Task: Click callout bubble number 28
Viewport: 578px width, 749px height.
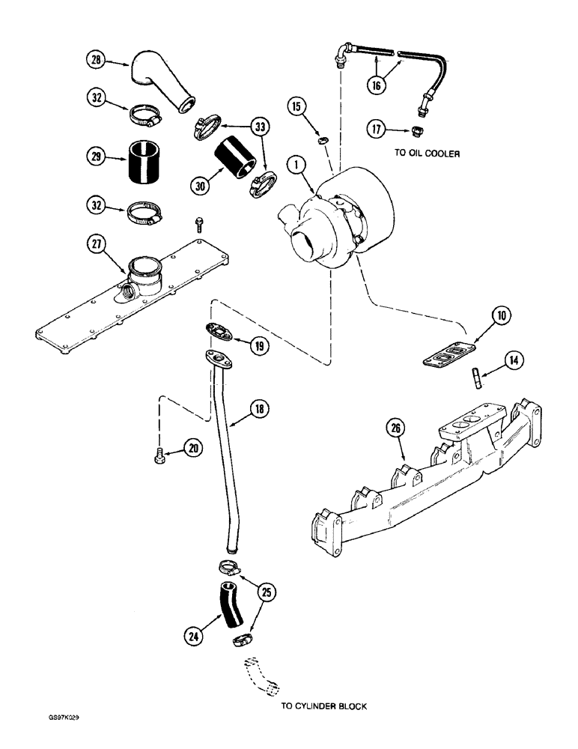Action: [96, 61]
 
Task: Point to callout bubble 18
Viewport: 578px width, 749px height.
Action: [260, 410]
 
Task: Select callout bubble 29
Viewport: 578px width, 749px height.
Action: [96, 159]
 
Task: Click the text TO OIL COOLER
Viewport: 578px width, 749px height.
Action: [425, 153]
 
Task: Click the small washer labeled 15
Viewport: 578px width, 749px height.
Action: [322, 139]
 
